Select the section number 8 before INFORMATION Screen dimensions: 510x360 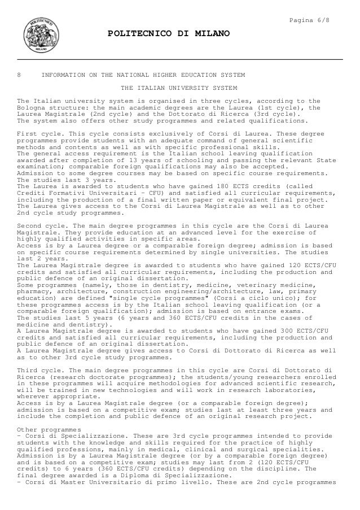[x=20, y=75]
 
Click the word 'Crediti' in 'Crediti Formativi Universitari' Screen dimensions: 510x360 [x=33, y=193]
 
